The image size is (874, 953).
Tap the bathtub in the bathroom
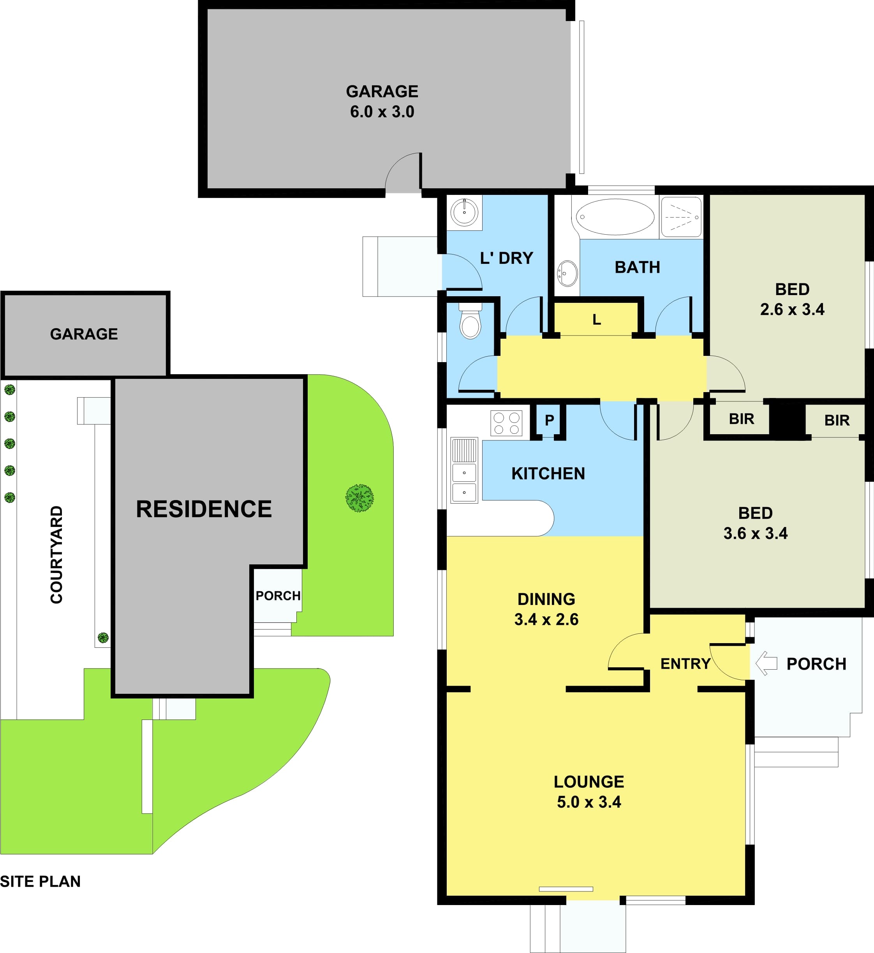tap(615, 217)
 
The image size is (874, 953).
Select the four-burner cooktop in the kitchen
tap(506, 423)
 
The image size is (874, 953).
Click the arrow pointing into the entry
tap(766, 663)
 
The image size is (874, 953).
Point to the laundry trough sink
tap(464, 212)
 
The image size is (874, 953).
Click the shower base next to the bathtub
tap(681, 217)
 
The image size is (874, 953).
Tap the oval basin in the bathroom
tap(567, 274)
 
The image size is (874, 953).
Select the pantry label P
tap(549, 420)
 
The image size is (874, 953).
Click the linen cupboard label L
tap(597, 320)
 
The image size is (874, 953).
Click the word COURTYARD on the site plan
tap(56, 555)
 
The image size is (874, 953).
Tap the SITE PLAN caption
tap(40, 882)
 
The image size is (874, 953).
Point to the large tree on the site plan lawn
tap(359, 498)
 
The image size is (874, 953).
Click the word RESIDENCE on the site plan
tap(204, 509)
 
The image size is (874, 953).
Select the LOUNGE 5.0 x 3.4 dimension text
tap(589, 792)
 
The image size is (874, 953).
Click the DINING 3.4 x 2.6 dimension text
tap(546, 609)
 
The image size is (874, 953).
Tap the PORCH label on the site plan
tap(278, 595)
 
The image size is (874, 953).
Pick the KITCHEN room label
tap(548, 474)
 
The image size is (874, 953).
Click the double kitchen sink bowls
tap(464, 483)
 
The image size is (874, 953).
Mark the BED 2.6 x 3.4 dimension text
tap(792, 299)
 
